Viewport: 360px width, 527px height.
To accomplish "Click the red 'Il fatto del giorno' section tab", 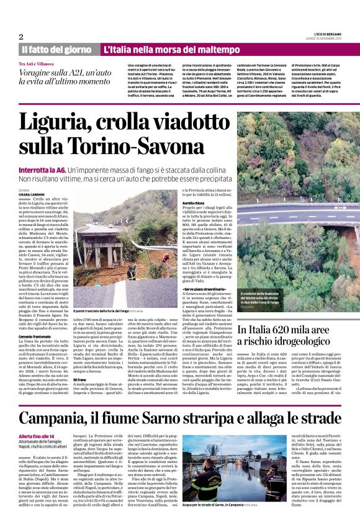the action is tap(57, 49).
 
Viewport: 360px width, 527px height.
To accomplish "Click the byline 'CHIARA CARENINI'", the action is tap(32, 194).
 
